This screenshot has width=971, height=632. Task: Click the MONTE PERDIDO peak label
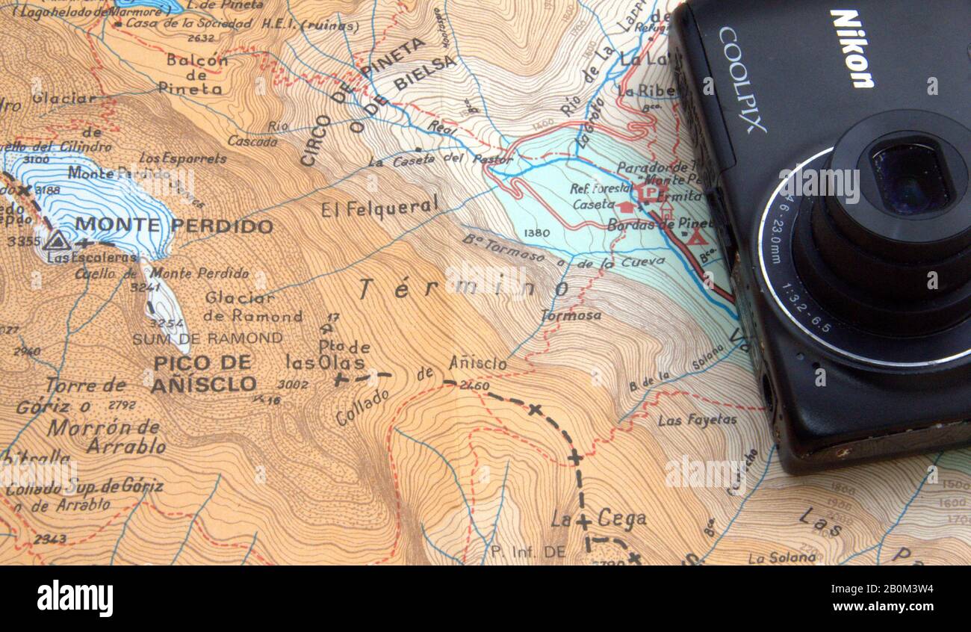[x=173, y=225]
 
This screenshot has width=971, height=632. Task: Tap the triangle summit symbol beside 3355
[x=56, y=241]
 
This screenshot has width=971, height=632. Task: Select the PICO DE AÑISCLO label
[x=203, y=374]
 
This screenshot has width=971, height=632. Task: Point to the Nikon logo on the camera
[x=851, y=49]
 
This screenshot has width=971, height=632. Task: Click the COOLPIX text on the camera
[x=742, y=79]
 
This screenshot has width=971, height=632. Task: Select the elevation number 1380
[x=536, y=233]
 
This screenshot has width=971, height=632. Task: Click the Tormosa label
[x=571, y=316]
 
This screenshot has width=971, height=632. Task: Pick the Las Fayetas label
[x=696, y=421]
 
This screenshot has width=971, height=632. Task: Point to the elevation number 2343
[x=49, y=539]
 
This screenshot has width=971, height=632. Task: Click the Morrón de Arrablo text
[x=105, y=436]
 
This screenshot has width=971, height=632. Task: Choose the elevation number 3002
[x=292, y=384]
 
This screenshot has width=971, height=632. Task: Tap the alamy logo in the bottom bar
[x=75, y=599]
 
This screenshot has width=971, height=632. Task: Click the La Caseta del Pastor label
[x=440, y=159]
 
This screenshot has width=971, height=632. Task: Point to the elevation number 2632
[x=201, y=37]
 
